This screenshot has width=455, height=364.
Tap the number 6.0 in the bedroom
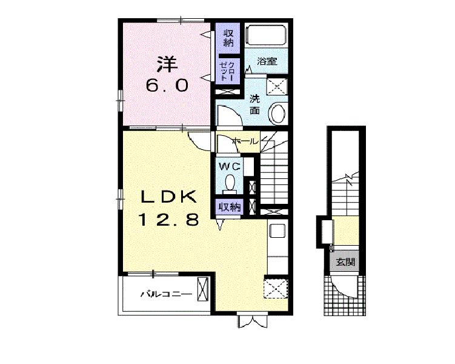[167, 86]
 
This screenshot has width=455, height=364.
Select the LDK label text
[169, 197]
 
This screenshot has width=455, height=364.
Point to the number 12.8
[169, 220]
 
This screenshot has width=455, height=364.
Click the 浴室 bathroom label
[267, 61]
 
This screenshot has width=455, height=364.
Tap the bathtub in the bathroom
[266, 35]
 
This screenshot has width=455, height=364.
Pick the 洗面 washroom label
[254, 104]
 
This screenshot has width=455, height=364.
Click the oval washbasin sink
[278, 113]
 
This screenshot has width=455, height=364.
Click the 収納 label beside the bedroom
[228, 38]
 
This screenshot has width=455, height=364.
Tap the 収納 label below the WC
[230, 207]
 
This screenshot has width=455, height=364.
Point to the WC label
[230, 167]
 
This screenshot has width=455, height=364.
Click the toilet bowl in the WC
[230, 182]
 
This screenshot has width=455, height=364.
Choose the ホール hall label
[245, 141]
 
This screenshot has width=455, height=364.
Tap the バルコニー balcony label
[166, 294]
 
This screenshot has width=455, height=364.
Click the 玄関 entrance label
[345, 262]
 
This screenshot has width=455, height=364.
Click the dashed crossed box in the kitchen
[276, 288]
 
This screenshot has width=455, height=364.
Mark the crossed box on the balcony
[203, 289]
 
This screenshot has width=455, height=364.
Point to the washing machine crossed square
[277, 86]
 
